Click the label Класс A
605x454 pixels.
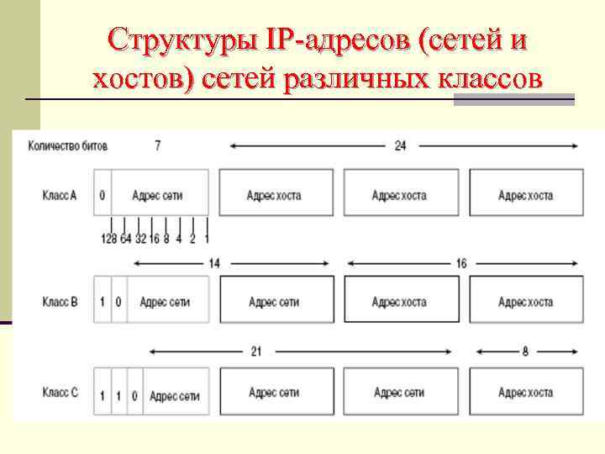[59, 195]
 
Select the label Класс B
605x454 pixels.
[59, 302]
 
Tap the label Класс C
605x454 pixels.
[59, 393]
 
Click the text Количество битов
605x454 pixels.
[68, 145]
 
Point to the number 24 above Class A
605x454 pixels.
[401, 145]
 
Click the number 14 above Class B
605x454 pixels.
[213, 263]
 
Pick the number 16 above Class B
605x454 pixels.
[460, 263]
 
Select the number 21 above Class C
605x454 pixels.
[256, 351]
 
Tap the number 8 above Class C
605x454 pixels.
[525, 351]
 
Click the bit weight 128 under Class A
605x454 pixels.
[108, 239]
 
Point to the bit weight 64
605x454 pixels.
[125, 239]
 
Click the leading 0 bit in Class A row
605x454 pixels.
[102, 195]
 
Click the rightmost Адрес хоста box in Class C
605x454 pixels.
[525, 393]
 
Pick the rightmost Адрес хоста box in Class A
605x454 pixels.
[525, 195]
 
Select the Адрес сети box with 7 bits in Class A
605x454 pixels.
[157, 195]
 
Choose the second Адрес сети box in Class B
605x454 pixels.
[274, 302]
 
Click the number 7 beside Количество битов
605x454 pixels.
[157, 145]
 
